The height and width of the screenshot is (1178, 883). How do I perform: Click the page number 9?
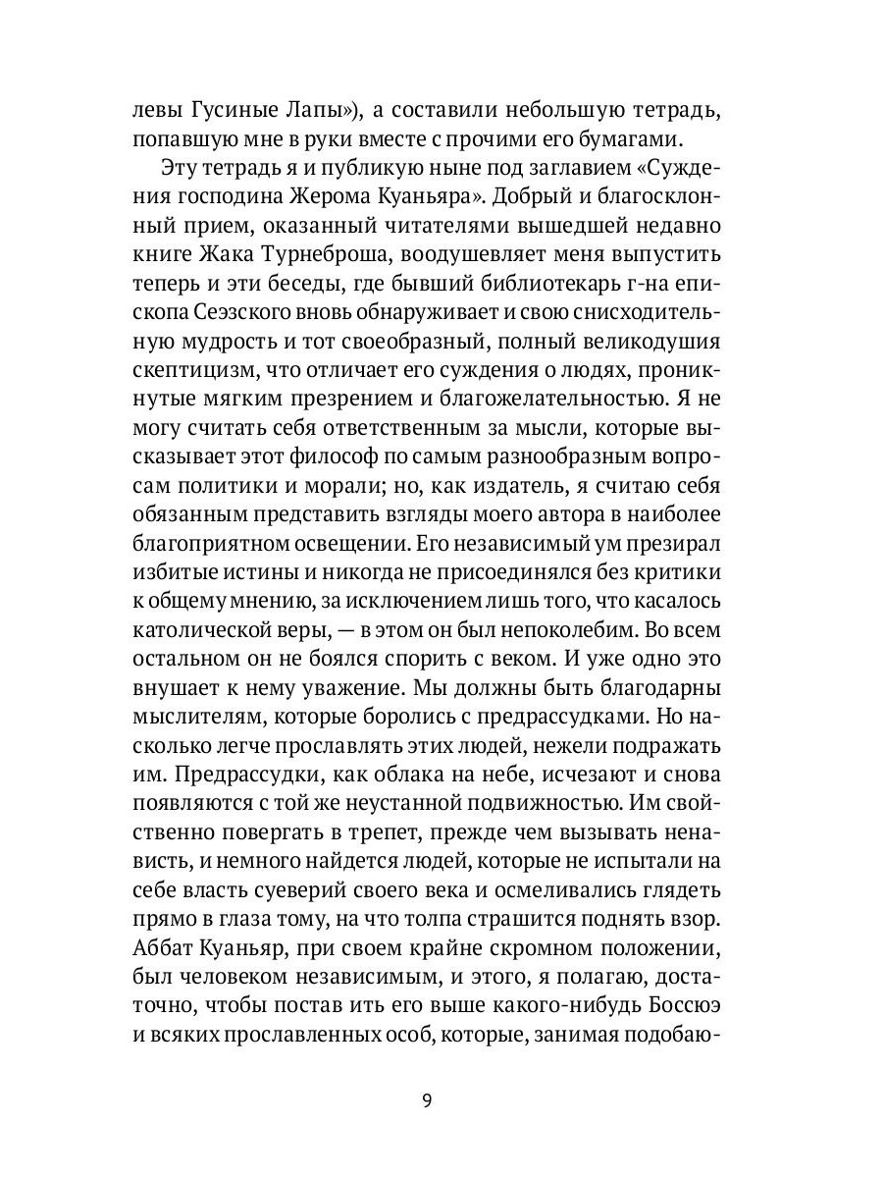coord(427,1098)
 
